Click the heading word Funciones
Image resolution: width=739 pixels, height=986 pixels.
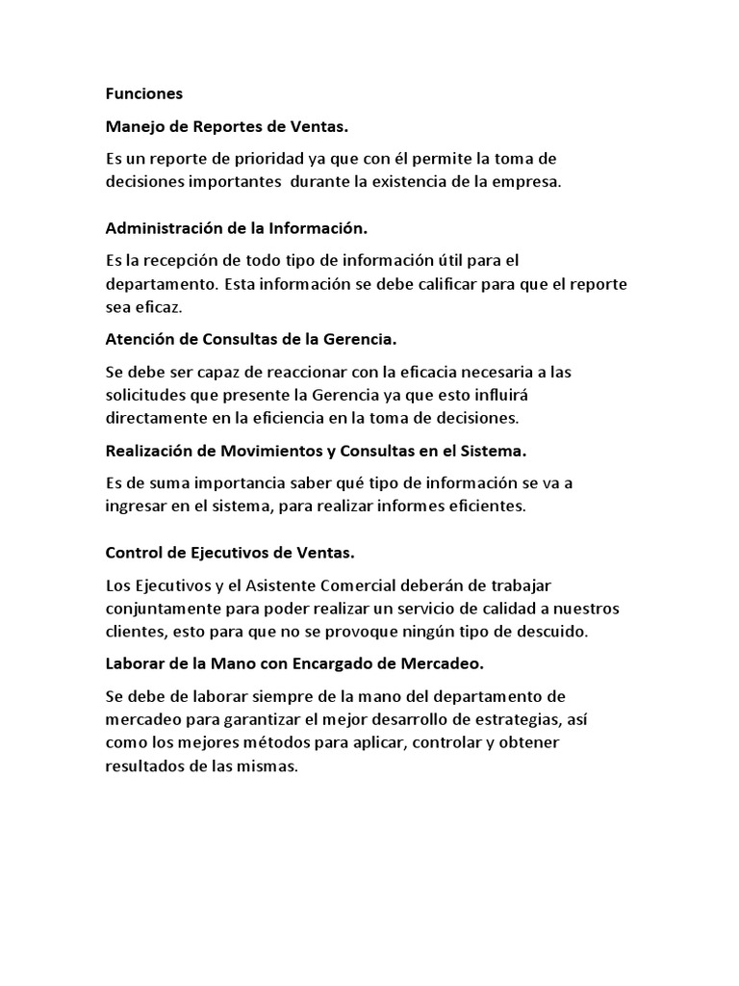143,94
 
